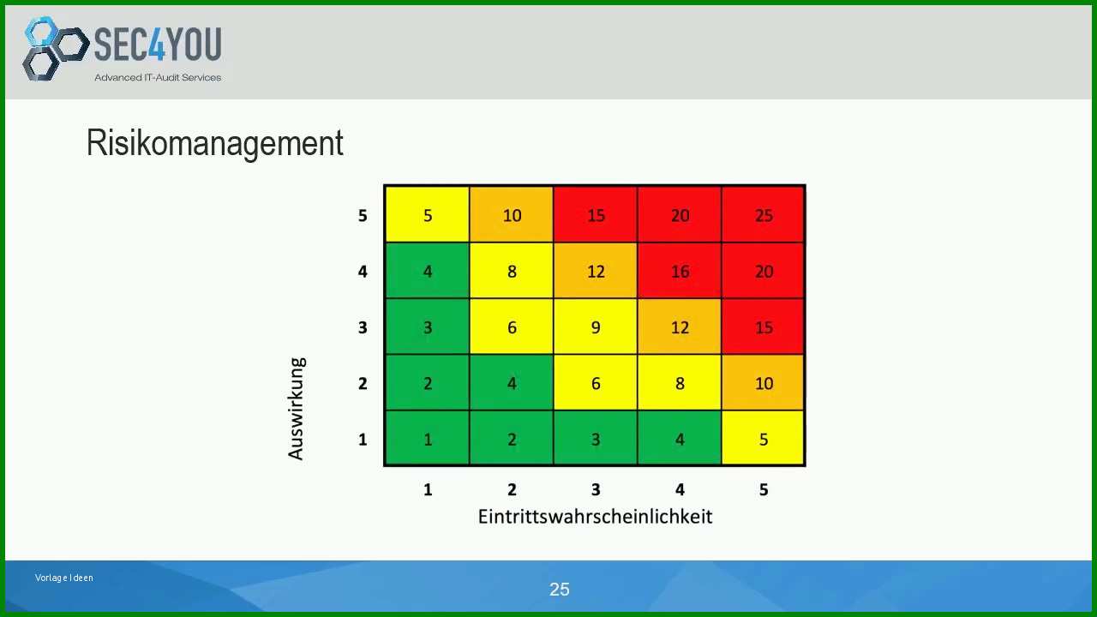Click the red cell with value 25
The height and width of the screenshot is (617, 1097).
click(x=763, y=214)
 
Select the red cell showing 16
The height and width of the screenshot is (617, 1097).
click(x=680, y=271)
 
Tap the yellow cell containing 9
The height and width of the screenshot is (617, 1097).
click(x=596, y=326)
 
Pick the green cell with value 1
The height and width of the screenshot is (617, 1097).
click(x=428, y=438)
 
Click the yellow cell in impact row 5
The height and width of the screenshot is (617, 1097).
click(x=428, y=214)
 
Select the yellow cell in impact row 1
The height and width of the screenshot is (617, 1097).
click(x=763, y=438)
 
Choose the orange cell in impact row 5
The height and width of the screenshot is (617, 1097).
click(x=512, y=214)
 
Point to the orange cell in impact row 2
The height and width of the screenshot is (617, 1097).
click(x=763, y=382)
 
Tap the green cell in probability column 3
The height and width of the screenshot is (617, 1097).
click(x=596, y=438)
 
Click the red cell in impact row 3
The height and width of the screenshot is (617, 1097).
click(x=763, y=326)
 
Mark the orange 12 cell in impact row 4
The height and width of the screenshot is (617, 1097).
click(x=596, y=271)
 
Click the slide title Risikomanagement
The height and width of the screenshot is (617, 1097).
click(x=215, y=144)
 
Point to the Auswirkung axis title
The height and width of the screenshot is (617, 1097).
click(x=297, y=409)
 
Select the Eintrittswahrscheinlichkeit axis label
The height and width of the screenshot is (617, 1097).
click(x=595, y=517)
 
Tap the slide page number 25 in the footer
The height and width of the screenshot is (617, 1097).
click(x=560, y=589)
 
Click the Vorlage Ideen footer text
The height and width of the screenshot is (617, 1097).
click(x=63, y=578)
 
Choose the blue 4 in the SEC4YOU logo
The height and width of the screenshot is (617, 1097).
click(x=156, y=44)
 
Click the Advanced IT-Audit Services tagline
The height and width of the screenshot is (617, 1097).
click(x=158, y=77)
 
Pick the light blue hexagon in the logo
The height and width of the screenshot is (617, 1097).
click(x=41, y=31)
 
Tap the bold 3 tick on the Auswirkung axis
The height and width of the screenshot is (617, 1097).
click(x=363, y=327)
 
